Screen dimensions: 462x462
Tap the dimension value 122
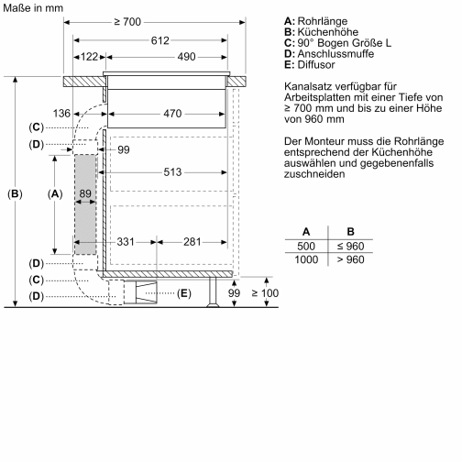88,58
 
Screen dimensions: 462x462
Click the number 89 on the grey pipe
85,193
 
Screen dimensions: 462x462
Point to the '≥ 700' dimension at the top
152,20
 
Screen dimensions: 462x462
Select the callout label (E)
183,293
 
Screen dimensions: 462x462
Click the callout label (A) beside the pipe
54,193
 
